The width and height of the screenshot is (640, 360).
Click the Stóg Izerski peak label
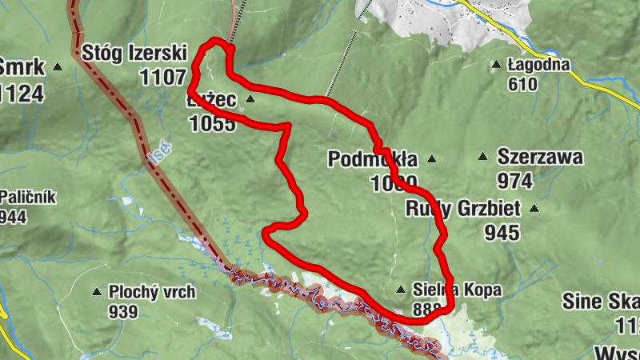[x=134, y=54]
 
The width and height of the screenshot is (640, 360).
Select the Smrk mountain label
[x=21, y=66]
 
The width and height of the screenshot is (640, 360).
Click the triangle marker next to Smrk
[x=58, y=68]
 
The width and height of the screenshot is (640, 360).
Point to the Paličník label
[x=28, y=197]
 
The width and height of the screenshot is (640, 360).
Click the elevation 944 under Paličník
[x=14, y=216]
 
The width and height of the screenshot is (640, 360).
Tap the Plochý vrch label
[x=152, y=292]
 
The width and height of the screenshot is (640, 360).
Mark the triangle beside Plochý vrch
[x=98, y=293]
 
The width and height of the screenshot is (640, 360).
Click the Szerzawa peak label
[x=540, y=156]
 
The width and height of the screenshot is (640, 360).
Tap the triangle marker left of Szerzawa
[x=482, y=158]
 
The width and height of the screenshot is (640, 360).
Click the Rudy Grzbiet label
[x=462, y=210]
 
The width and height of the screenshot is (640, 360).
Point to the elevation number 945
[x=502, y=233]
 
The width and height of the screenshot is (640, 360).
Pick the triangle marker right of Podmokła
[x=433, y=160]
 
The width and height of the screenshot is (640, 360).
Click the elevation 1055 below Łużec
[x=213, y=123]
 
